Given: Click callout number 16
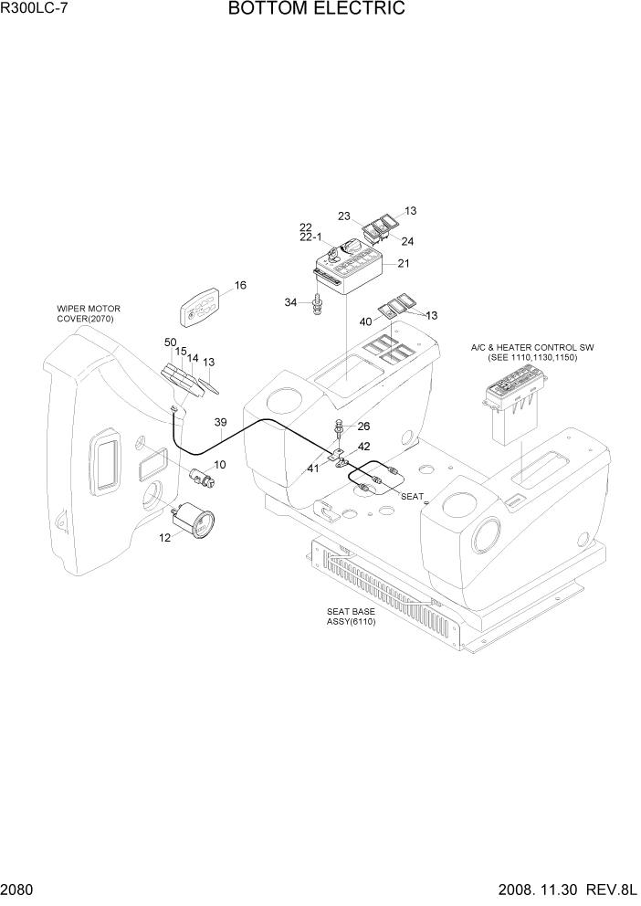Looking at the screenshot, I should pyautogui.click(x=240, y=286).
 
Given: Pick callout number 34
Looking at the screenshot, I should pyautogui.click(x=290, y=302).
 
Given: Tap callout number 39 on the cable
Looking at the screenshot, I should pyautogui.click(x=220, y=422).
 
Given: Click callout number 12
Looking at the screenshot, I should pyautogui.click(x=165, y=538).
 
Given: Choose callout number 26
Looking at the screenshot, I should pyautogui.click(x=363, y=426).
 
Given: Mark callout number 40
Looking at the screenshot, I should pyautogui.click(x=365, y=321).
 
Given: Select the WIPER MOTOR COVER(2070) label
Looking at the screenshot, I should pyautogui.click(x=89, y=314).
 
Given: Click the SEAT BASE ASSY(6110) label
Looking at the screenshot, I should pyautogui.click(x=352, y=616).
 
